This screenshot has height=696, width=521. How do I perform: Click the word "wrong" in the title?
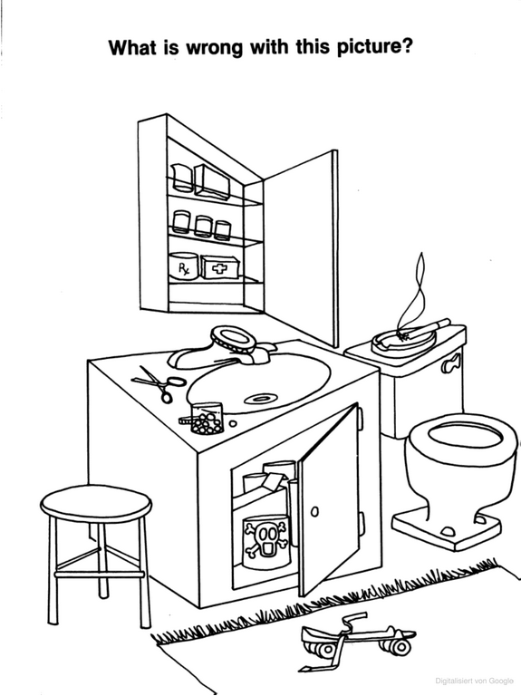[215, 47]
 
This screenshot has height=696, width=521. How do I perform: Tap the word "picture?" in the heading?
[375, 47]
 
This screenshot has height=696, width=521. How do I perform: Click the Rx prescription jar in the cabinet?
[183, 266]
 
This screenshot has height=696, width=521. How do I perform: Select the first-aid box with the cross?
[220, 267]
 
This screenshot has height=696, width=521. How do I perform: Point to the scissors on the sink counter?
[159, 382]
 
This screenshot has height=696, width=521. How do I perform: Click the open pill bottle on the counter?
[206, 418]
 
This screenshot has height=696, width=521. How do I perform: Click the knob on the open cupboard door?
[314, 511]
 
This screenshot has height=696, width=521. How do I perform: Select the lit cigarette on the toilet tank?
[425, 328]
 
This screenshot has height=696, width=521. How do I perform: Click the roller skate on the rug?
[357, 638]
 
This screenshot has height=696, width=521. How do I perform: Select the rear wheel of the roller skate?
[400, 647]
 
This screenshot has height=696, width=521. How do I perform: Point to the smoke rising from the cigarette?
[411, 293]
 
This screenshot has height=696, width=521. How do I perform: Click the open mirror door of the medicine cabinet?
[301, 248]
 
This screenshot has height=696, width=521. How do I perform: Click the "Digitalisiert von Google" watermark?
[474, 681]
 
